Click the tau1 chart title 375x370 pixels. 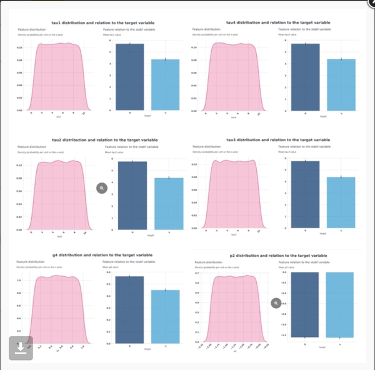point(93,23)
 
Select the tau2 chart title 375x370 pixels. point(93,139)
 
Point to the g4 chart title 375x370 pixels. point(94,256)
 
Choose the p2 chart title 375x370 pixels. point(278,256)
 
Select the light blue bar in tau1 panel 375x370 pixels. point(166,85)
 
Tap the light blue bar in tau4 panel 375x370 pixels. point(341,85)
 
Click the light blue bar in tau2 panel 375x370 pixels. point(169,204)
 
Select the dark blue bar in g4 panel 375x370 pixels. point(130,309)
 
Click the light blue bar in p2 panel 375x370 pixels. point(340,305)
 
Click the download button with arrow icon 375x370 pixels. point(21,348)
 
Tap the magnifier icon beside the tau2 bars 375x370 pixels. point(101,187)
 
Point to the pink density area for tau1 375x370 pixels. point(58,78)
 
